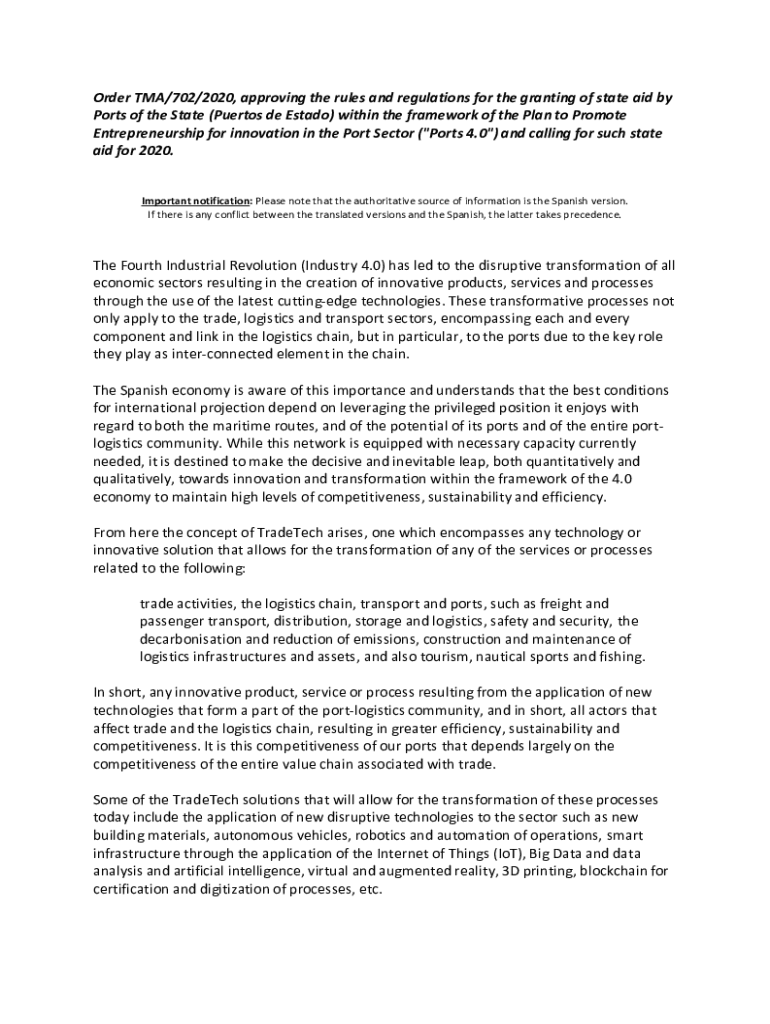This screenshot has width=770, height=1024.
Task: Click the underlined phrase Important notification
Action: pyautogui.click(x=195, y=200)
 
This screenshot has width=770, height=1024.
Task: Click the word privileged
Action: pyautogui.click(x=513, y=408)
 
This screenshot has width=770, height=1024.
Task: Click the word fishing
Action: pyautogui.click(x=620, y=657)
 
